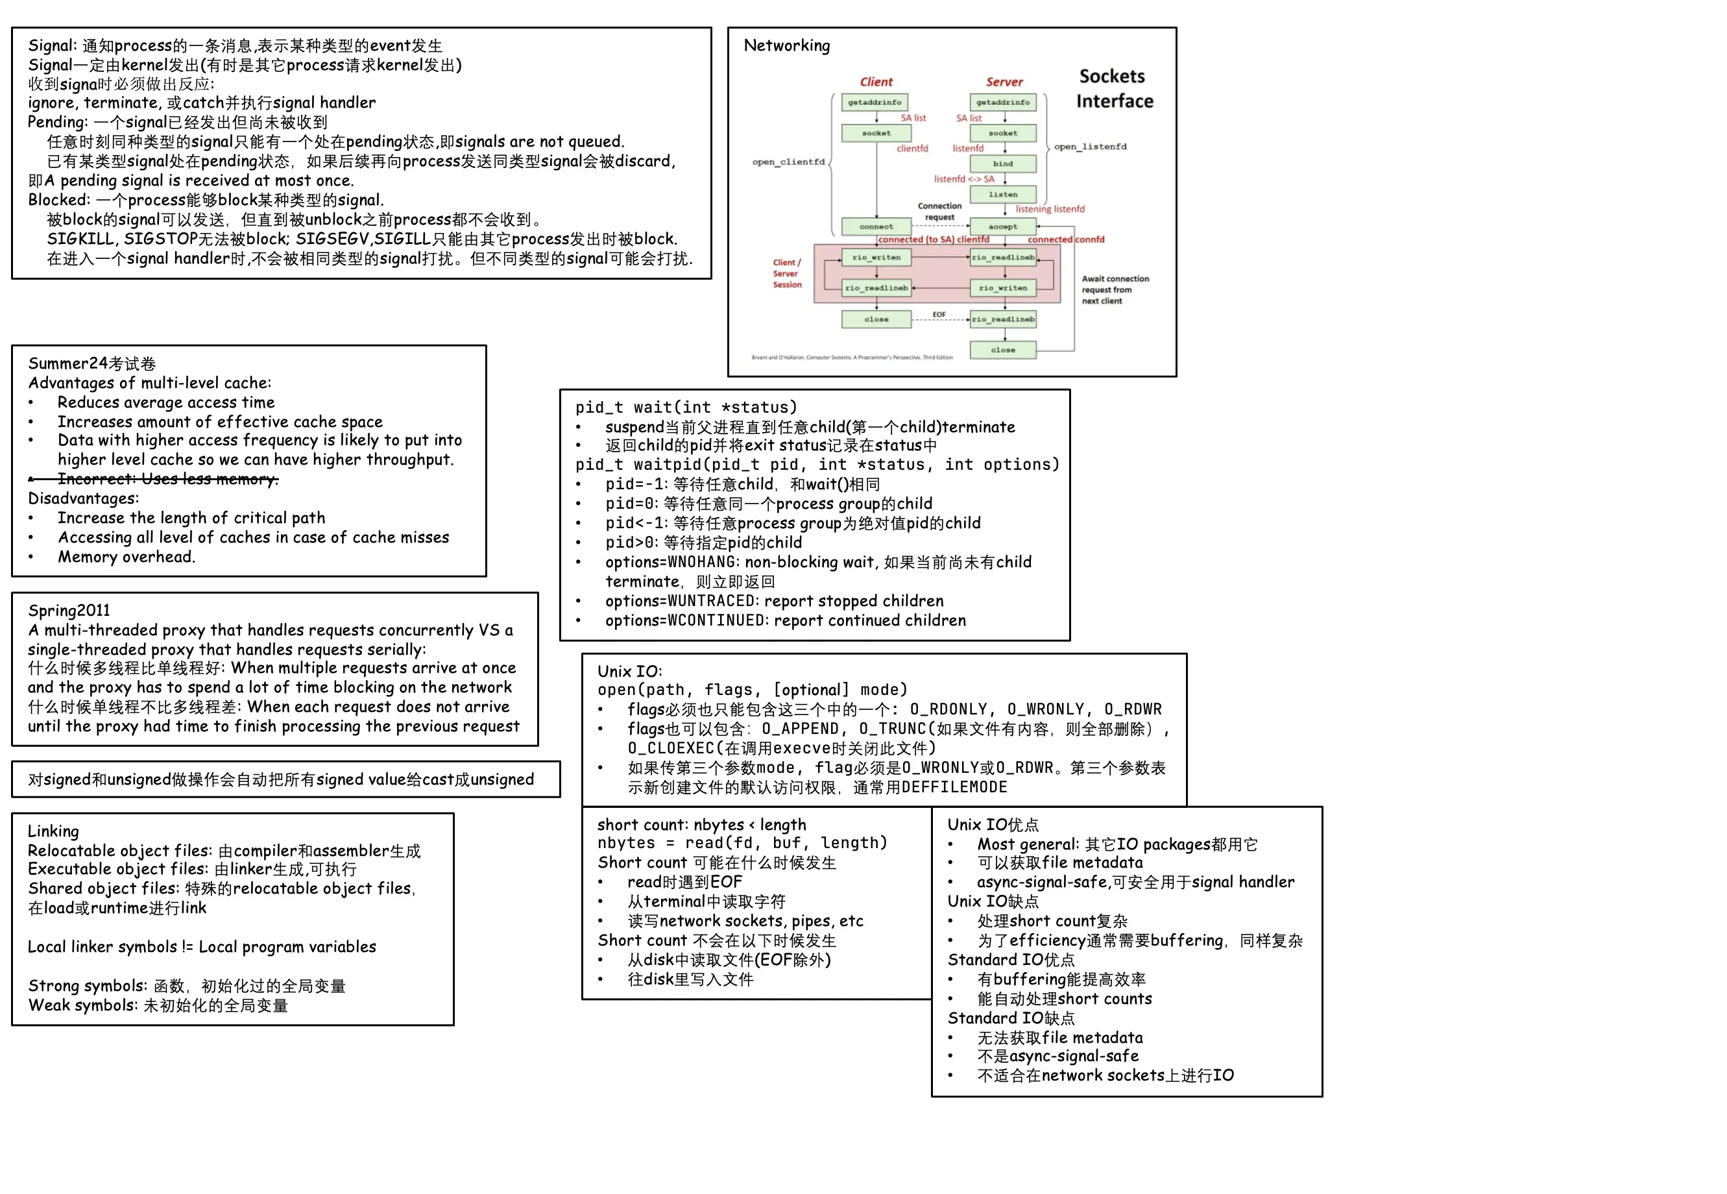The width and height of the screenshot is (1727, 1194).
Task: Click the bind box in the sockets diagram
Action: coord(1002,164)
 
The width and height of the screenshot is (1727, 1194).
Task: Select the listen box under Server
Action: coord(1002,195)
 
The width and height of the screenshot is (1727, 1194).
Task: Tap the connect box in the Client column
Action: coord(876,226)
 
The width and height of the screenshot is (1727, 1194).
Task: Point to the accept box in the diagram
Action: coord(1002,226)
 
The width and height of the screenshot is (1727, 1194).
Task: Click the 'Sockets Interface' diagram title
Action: coord(1114,88)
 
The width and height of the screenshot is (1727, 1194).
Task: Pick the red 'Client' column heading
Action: coord(876,82)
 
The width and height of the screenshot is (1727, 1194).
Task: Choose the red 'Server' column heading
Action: coord(1004,82)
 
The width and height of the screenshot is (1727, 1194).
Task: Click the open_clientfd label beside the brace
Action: coord(788,162)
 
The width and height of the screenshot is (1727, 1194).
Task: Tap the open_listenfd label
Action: coord(1090,147)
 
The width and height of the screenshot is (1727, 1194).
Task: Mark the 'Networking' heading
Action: coord(787,45)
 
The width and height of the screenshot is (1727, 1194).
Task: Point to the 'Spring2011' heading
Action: coord(69,611)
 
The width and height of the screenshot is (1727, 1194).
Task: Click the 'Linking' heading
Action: coord(53,831)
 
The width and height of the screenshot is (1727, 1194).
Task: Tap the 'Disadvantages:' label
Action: coord(83,498)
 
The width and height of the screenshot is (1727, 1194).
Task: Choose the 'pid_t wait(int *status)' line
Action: coord(686,408)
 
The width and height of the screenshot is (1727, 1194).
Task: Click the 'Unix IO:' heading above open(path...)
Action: coord(630,671)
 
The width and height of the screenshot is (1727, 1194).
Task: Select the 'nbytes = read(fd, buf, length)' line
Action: coord(742,843)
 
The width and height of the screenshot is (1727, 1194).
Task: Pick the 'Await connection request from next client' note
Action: coord(1115,289)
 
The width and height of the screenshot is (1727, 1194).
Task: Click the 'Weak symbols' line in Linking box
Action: coord(158,1005)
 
